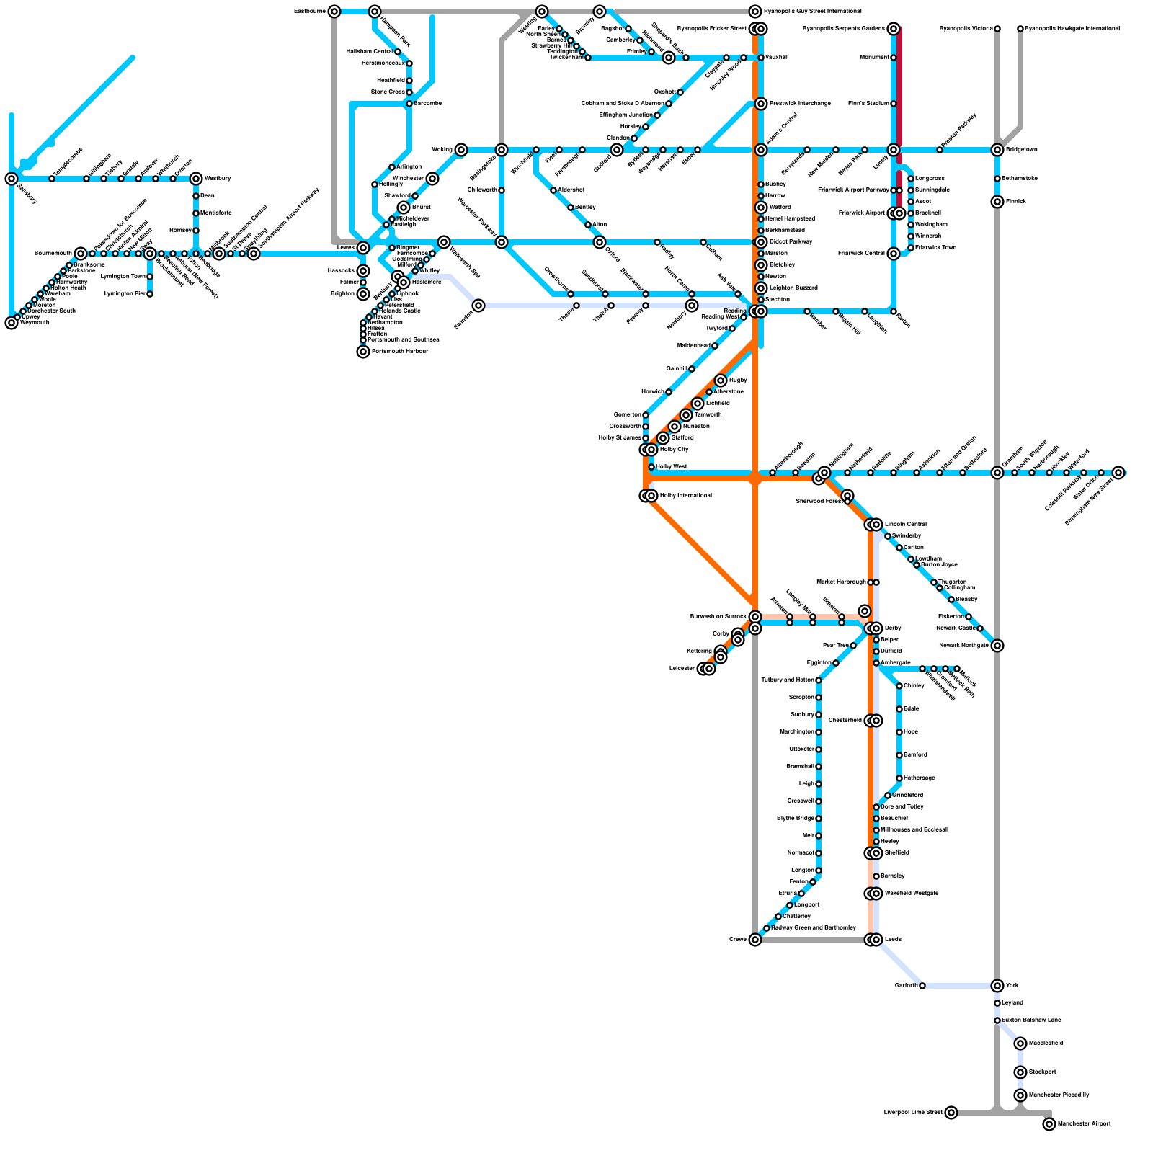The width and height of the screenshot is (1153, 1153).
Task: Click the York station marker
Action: (x=997, y=986)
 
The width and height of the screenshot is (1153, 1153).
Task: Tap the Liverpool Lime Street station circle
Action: (x=951, y=1113)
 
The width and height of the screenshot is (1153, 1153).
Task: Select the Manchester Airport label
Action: (x=1085, y=1123)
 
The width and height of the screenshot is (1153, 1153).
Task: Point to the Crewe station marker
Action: (x=755, y=940)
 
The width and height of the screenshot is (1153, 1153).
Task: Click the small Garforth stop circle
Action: (x=922, y=986)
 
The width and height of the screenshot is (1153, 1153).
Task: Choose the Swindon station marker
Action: (x=478, y=306)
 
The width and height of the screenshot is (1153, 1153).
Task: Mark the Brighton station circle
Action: (x=363, y=294)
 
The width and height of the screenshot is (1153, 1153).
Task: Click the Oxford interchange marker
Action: (x=600, y=242)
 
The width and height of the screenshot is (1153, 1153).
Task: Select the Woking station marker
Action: (x=461, y=150)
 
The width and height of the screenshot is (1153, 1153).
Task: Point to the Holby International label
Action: (x=685, y=496)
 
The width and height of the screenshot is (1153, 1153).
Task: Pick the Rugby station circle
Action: (x=721, y=380)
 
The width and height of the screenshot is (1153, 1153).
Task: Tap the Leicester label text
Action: (x=682, y=669)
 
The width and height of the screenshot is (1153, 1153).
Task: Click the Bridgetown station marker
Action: (x=997, y=150)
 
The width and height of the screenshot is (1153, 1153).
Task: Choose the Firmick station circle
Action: (x=997, y=202)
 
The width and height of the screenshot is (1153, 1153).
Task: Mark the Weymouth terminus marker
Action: (x=12, y=323)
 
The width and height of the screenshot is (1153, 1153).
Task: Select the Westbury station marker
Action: (x=196, y=179)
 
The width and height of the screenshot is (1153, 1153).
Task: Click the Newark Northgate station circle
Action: (x=997, y=646)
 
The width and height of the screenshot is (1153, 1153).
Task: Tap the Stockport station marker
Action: (x=1020, y=1072)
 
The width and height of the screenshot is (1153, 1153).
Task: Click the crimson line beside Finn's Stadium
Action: (x=900, y=104)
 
